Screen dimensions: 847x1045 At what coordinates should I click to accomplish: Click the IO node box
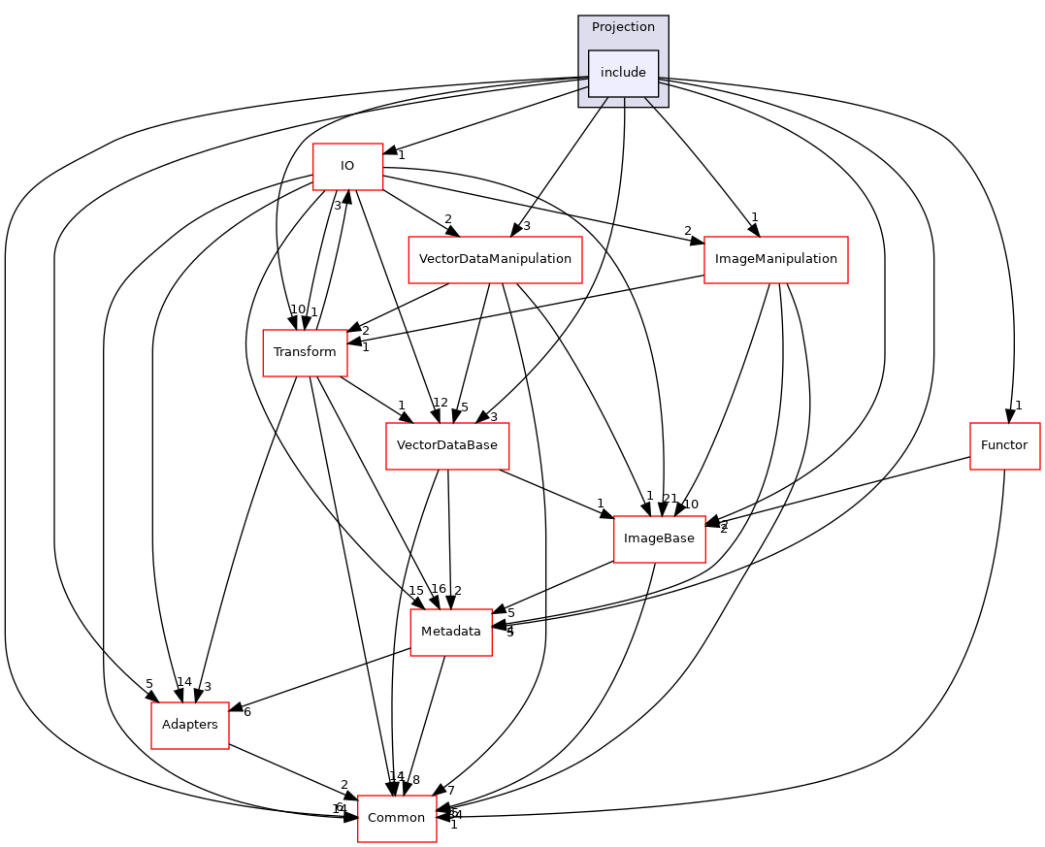coord(346,166)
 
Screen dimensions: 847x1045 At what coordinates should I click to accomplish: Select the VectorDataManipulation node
coord(495,259)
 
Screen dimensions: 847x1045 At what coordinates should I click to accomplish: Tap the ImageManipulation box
coord(775,259)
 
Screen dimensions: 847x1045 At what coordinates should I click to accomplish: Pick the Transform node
coord(305,351)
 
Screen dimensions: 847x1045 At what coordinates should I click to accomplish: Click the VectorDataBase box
coord(447,445)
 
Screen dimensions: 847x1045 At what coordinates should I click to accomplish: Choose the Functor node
coord(1004,445)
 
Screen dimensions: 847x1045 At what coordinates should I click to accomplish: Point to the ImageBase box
coord(659,538)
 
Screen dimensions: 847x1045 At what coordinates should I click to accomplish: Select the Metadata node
coord(451,632)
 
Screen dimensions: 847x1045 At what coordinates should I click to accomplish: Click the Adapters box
coord(190,725)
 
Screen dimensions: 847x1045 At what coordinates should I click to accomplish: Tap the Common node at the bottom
coord(397,818)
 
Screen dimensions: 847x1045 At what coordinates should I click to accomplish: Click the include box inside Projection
coord(623,73)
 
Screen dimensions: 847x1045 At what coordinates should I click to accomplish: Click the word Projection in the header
coord(623,27)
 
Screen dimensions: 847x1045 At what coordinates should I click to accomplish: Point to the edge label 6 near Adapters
coord(247,712)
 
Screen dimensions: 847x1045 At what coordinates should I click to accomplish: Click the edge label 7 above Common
coord(451,790)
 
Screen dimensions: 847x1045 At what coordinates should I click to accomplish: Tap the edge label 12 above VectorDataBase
coord(441,403)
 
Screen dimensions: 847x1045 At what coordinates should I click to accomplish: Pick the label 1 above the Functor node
coord(1019,406)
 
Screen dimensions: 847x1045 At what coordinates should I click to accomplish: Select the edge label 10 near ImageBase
coord(691,504)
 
